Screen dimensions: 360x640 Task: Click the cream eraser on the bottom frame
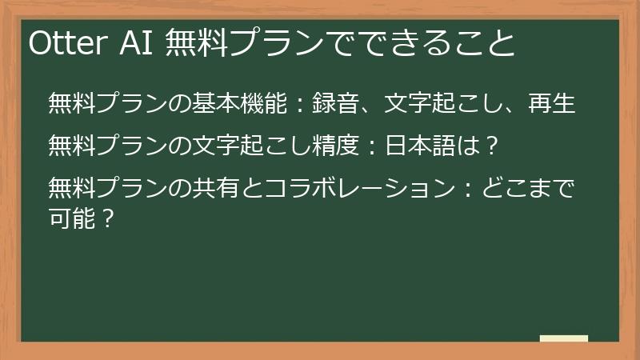tap(563, 338)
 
